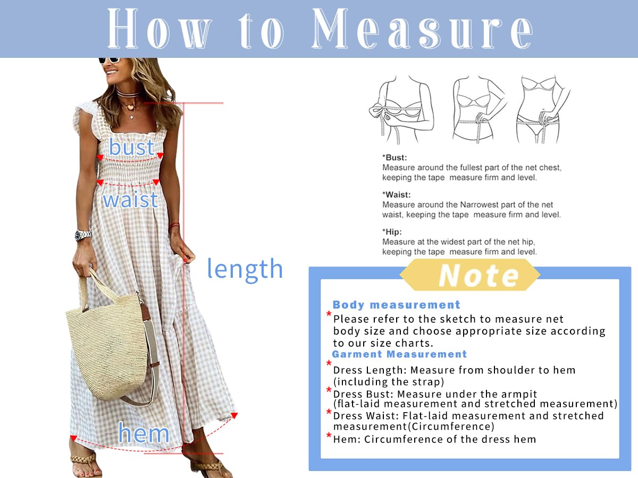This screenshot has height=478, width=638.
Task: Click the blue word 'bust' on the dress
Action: point(131,147)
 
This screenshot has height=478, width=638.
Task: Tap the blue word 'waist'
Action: point(130,200)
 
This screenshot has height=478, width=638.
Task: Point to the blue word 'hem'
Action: point(144,433)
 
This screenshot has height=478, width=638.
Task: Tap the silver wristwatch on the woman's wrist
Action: point(83,235)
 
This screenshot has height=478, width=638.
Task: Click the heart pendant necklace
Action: point(130,107)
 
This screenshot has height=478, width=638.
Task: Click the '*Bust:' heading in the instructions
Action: point(394,158)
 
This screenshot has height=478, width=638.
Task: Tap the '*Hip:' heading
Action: point(392,232)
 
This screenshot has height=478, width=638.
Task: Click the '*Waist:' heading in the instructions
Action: point(397,195)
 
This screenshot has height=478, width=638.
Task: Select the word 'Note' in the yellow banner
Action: point(478,276)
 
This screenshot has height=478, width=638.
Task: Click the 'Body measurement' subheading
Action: point(396,305)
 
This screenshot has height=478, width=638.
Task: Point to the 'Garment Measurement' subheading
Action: point(399,354)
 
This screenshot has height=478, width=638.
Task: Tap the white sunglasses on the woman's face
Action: point(109,59)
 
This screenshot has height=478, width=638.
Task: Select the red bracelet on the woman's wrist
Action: point(174,225)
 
